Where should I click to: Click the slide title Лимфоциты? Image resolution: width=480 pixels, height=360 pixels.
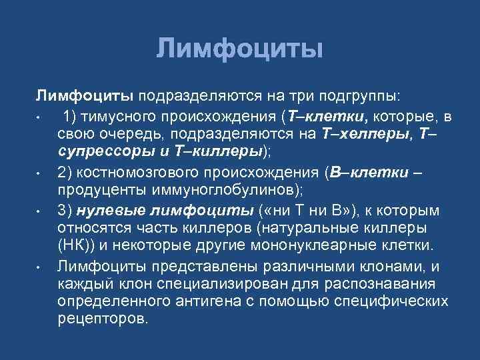240,49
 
